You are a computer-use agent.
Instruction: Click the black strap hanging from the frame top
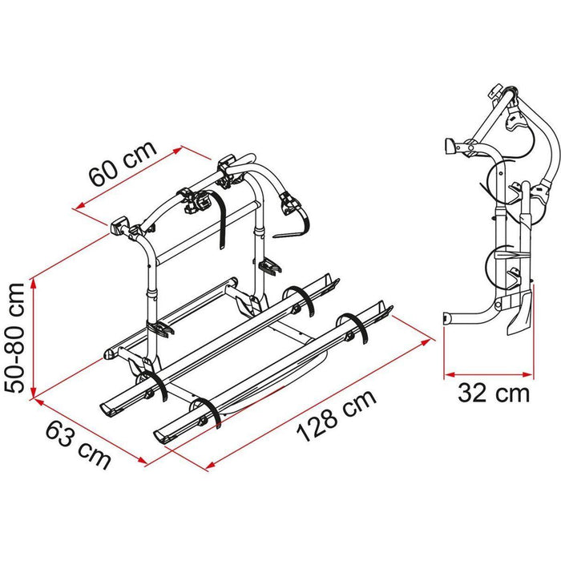(220, 200)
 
